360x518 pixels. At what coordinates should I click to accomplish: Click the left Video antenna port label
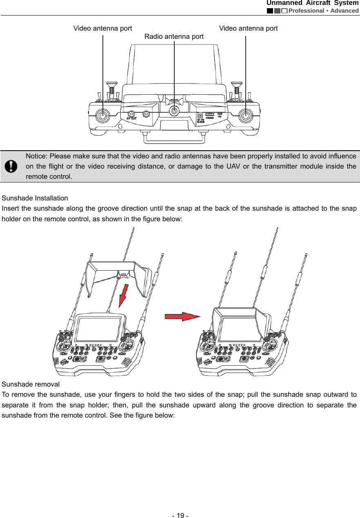(102, 28)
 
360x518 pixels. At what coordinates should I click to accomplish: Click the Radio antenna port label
(174, 36)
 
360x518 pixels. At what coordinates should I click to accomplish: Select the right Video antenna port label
(248, 28)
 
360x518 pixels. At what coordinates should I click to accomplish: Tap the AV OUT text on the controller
(131, 118)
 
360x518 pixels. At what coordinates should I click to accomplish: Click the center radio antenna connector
(175, 111)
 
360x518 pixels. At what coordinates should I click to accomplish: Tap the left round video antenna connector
(102, 116)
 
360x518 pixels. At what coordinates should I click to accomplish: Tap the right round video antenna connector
(245, 116)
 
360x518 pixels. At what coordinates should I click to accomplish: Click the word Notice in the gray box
(36, 156)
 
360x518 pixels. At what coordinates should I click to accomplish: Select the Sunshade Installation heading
(35, 198)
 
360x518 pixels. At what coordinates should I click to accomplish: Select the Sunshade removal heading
(31, 384)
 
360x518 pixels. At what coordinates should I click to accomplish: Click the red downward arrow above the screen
(124, 293)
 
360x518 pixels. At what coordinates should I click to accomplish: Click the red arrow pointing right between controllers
(182, 316)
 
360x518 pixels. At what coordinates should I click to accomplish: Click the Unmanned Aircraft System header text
(313, 3)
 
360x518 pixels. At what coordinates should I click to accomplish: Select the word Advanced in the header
(344, 11)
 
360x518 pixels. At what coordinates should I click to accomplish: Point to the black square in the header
(270, 11)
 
